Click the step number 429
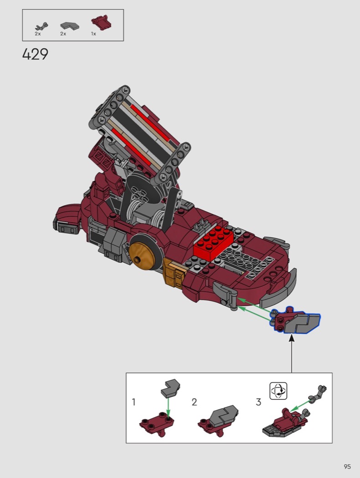(35, 54)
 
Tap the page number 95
(347, 467)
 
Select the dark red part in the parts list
(101, 22)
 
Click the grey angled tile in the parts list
(70, 26)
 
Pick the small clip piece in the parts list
(42, 26)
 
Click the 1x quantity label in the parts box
(93, 34)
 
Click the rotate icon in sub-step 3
(278, 391)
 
